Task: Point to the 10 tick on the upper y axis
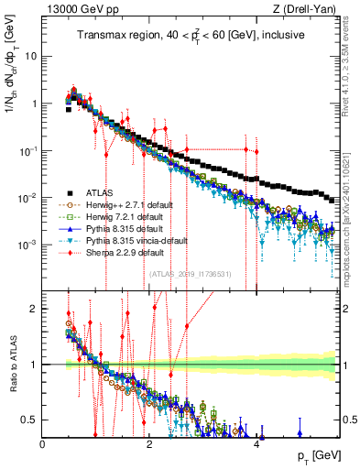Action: (x=29, y=56)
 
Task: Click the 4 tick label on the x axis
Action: (x=256, y=442)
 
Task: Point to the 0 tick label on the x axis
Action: (x=43, y=442)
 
